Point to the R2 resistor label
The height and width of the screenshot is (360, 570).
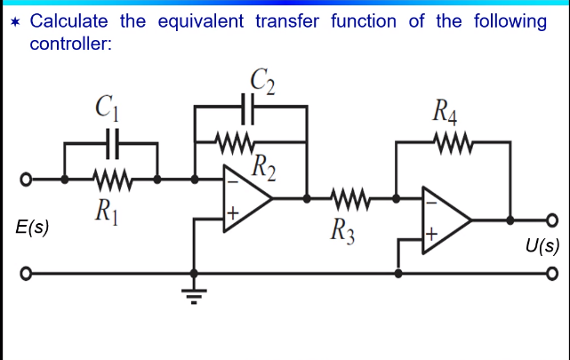(263, 165)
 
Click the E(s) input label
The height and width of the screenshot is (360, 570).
(33, 228)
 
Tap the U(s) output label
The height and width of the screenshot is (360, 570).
(540, 245)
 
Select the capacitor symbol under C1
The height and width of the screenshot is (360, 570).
(113, 140)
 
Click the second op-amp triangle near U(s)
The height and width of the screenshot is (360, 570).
(445, 217)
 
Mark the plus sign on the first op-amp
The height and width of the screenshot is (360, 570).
(231, 213)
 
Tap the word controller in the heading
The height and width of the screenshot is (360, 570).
(71, 43)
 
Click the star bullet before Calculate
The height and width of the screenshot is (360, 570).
(14, 21)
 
